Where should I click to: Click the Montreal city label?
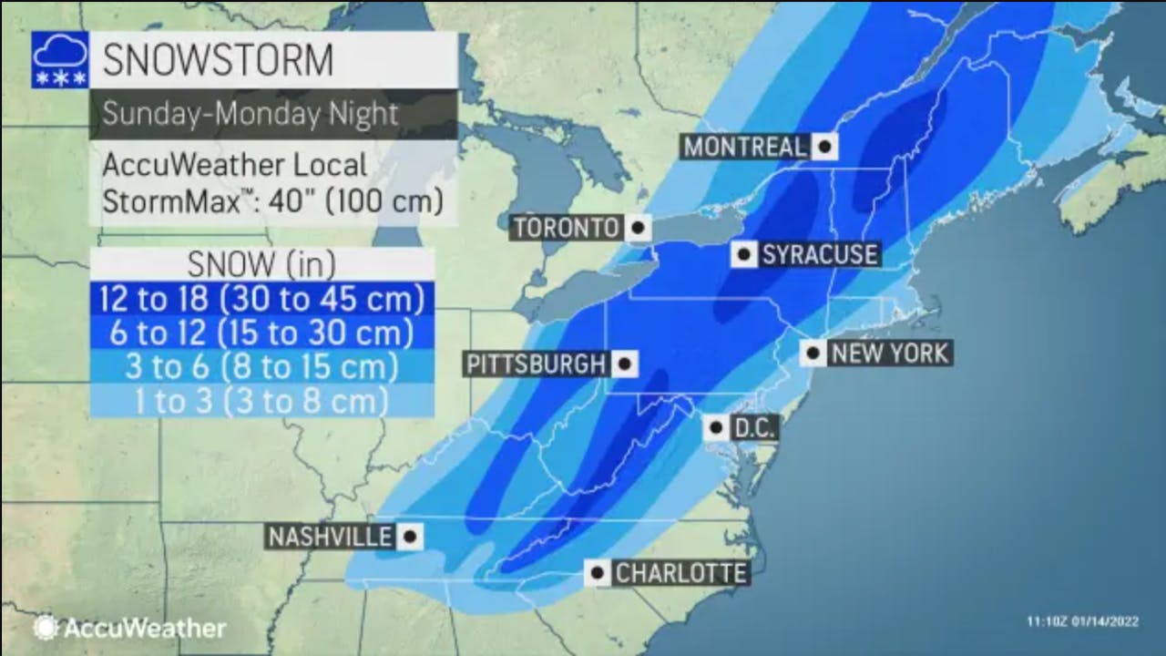pos(744,147)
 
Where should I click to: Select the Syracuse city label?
pos(819,254)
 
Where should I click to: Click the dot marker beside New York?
pos(813,354)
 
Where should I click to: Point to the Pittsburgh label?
pos(537,364)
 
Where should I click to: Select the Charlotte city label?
pos(680,573)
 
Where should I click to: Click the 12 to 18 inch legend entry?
pos(262,299)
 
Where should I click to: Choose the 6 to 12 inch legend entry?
pos(262,333)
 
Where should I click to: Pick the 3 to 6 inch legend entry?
pos(262,366)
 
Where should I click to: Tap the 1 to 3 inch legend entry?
pos(262,400)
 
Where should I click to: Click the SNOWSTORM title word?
pos(218,60)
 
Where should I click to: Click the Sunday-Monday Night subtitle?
pos(251,114)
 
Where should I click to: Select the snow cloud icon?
pos(60,60)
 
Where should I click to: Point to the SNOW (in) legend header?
pos(261,264)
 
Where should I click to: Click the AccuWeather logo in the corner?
pos(129,628)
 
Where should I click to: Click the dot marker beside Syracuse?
pos(744,254)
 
